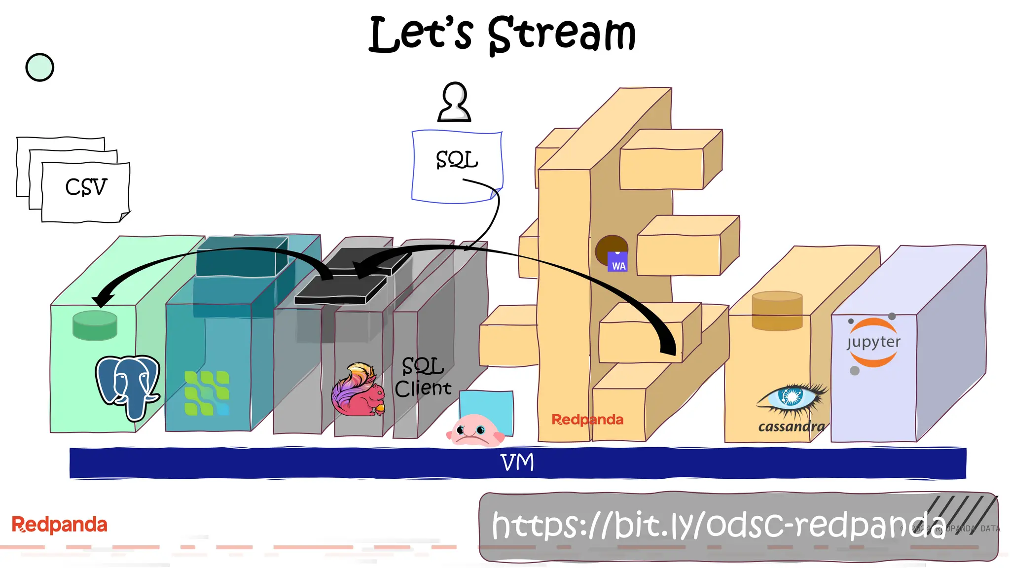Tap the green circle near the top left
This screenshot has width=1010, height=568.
pos(39,68)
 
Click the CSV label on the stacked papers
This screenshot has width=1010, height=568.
pos(86,187)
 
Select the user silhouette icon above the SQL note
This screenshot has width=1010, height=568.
pos(454,102)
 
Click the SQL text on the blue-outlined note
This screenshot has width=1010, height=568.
pos(457,160)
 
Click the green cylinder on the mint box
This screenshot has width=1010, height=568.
pos(95,325)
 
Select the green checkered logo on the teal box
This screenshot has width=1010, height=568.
pos(207,393)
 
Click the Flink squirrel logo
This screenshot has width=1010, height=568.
pos(358,390)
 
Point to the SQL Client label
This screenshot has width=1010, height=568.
pos(423,377)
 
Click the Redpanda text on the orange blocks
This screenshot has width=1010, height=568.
pos(587,420)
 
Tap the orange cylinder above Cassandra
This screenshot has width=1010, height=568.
pos(777,311)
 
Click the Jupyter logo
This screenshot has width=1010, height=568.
pos(873,343)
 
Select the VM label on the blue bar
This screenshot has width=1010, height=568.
pos(517,462)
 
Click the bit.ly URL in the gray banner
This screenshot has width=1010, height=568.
pos(718,525)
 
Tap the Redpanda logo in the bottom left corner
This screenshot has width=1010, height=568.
pos(59,525)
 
